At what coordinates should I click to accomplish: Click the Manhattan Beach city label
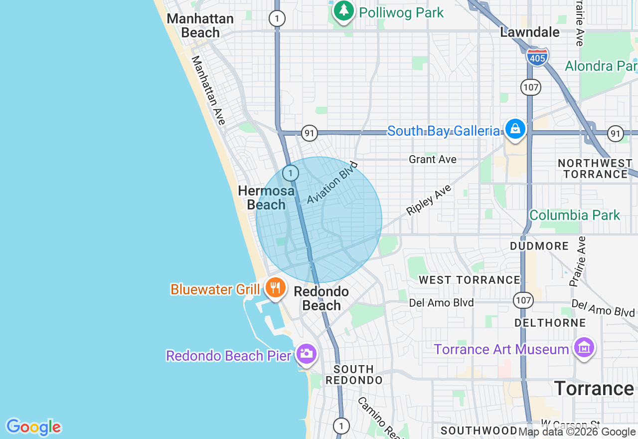200,25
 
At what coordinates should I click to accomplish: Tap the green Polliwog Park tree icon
343,10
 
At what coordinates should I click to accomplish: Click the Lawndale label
530,32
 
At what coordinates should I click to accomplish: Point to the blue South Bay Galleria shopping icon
515,129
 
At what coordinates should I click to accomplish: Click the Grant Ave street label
433,159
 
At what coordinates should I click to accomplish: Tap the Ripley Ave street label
429,200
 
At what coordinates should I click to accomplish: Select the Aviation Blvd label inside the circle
332,183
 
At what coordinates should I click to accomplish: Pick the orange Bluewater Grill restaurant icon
275,288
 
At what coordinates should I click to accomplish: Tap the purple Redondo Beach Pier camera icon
306,354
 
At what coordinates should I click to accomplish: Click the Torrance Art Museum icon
584,347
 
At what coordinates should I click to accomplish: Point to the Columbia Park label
575,215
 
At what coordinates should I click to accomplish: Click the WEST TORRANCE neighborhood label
470,280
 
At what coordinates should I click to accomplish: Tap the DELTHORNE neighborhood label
550,323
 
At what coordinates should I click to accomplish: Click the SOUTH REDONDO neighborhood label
354,375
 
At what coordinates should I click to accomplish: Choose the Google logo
33,428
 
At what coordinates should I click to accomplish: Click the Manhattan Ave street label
208,90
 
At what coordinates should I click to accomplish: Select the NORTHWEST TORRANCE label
595,169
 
